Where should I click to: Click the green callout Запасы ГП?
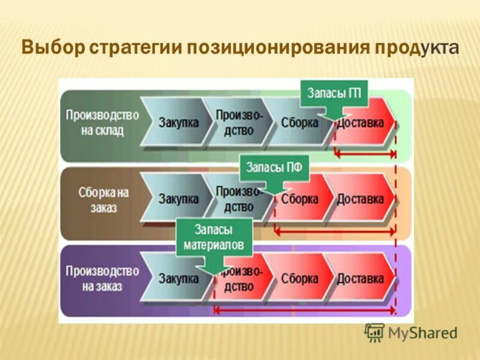334,94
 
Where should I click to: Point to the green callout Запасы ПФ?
274,168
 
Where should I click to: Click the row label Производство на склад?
102,122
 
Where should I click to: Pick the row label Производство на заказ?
102,278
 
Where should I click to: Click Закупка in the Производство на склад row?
178,122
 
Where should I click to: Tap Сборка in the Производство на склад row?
298,122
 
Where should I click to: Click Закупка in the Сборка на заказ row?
178,199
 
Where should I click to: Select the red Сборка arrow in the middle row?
299,199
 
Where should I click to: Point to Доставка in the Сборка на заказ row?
360,199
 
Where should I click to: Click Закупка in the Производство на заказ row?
178,278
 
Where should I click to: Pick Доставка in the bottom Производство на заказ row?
360,278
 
